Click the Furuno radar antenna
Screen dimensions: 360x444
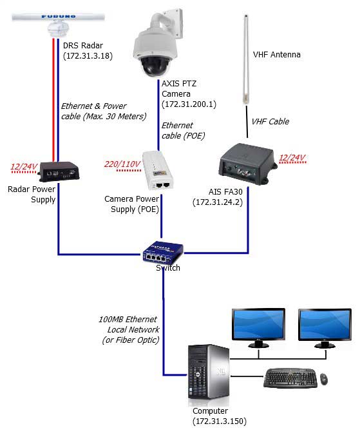click(59, 24)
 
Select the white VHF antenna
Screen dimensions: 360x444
click(246, 59)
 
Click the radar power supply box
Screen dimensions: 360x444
click(59, 171)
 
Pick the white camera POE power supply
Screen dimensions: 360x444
click(157, 170)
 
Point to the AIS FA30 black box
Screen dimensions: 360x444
click(247, 164)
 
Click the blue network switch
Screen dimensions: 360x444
click(163, 252)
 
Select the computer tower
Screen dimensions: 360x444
click(209, 372)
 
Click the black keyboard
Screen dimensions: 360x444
click(290, 378)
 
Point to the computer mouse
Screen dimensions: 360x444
click(324, 379)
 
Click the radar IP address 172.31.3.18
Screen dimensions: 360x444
click(88, 56)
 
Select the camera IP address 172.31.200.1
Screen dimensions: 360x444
click(189, 104)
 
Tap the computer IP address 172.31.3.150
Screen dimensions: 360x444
click(220, 421)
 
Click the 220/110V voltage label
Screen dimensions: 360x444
click(122, 164)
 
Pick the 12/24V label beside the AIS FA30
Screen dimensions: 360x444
click(292, 157)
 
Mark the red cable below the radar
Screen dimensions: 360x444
click(53, 100)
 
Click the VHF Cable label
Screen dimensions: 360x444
click(270, 122)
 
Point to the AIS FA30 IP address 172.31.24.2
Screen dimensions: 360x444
click(218, 202)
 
